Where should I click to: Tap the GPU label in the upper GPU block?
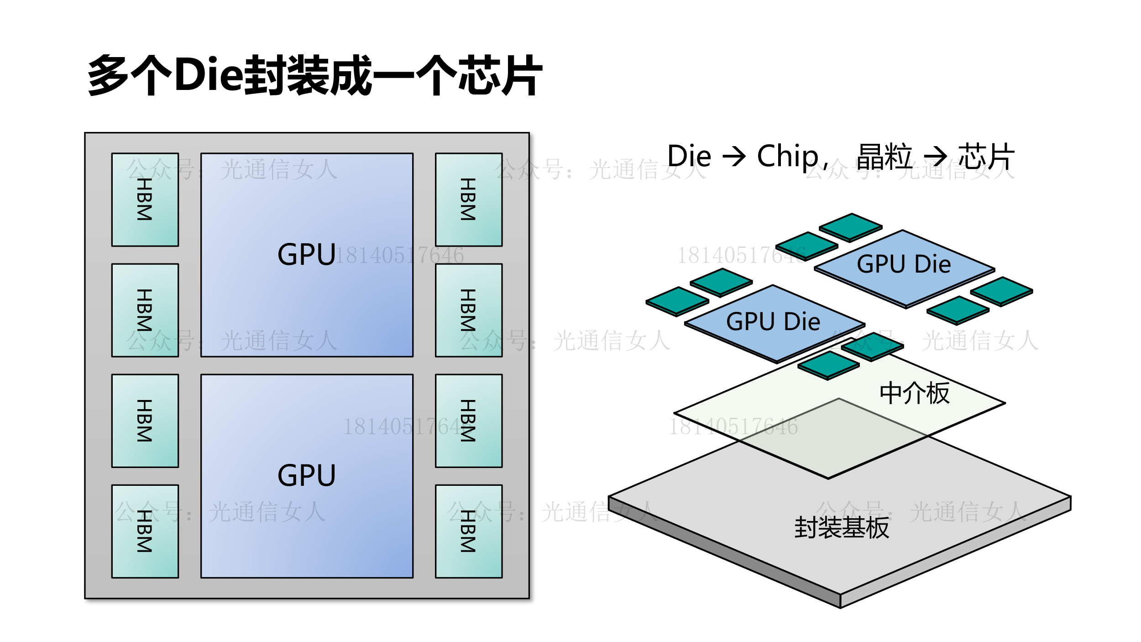point(307,254)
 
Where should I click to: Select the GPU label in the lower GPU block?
point(307,475)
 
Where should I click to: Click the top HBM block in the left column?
point(145,200)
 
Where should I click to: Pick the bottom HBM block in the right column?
point(469,531)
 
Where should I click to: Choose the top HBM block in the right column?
point(469,200)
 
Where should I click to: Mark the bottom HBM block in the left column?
point(145,531)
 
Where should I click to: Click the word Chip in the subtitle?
point(788,156)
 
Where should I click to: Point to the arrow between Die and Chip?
point(734,157)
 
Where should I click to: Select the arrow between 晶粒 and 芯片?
point(935,157)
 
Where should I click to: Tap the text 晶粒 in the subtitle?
point(884,157)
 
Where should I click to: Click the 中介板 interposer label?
point(915,393)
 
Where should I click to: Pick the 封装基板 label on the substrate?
point(842,528)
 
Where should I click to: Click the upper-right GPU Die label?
point(904,264)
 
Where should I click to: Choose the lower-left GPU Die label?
point(773,321)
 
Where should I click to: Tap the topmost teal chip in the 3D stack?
point(851,226)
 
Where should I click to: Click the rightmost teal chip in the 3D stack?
point(1001,290)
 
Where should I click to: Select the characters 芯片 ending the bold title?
point(500,75)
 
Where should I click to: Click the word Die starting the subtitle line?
point(689,156)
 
